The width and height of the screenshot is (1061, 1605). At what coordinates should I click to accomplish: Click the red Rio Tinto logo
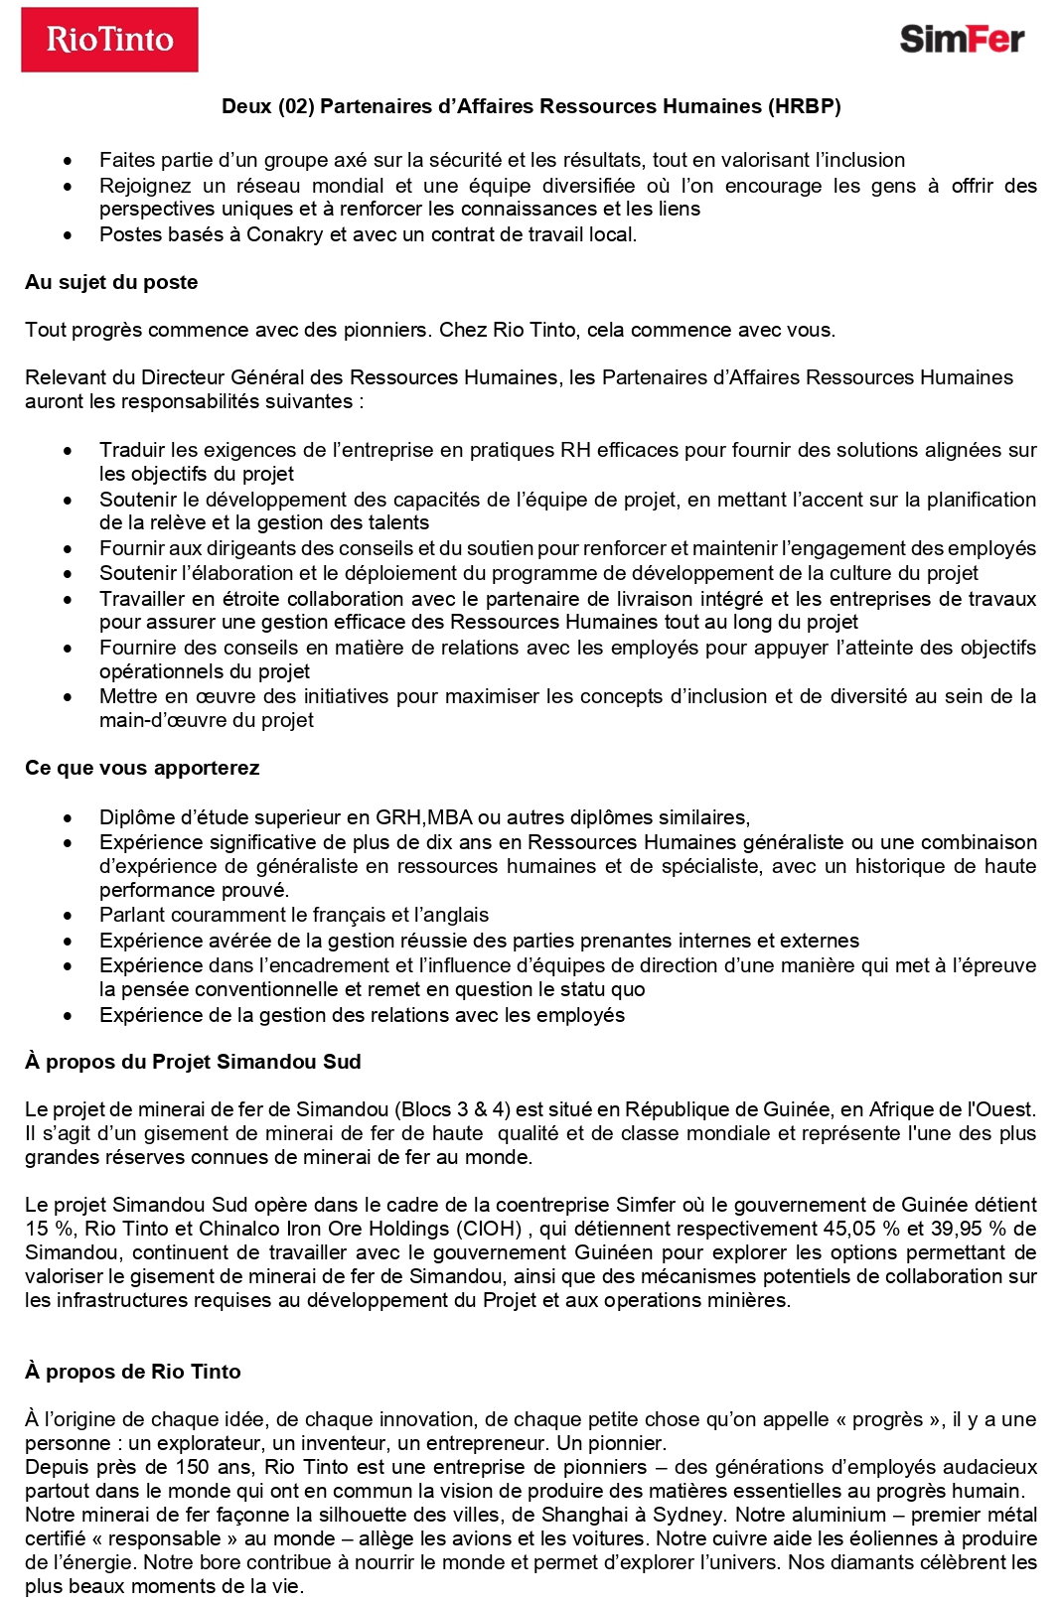click(109, 40)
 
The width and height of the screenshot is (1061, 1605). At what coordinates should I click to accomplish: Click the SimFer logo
click(961, 39)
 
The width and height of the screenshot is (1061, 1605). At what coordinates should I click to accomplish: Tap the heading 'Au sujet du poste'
click(111, 282)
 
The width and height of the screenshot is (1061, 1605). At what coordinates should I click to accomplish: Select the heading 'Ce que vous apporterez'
click(142, 768)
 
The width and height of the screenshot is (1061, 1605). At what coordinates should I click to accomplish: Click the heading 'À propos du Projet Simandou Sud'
click(193, 1062)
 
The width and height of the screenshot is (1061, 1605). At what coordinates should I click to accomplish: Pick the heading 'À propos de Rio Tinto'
click(133, 1372)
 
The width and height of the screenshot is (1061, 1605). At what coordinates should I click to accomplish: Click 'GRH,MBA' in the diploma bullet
click(424, 817)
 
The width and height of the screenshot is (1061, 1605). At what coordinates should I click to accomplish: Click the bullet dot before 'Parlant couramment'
click(67, 916)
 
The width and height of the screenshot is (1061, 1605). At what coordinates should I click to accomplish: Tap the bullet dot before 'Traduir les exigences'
click(67, 451)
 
